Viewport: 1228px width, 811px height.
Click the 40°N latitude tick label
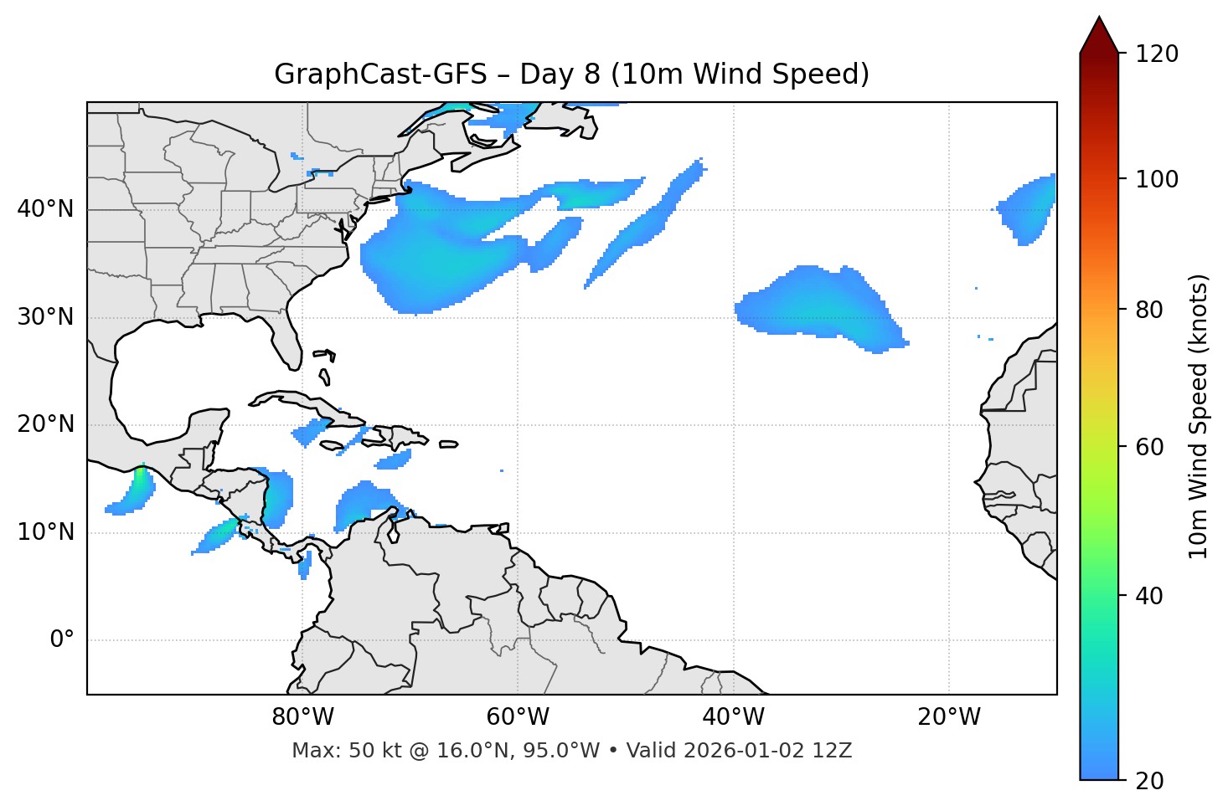click(x=45, y=209)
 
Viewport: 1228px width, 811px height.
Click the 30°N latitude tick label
click(x=45, y=317)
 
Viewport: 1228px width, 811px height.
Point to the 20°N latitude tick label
click(x=45, y=424)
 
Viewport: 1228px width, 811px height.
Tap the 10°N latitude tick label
click(x=45, y=532)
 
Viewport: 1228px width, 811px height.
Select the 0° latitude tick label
click(x=62, y=640)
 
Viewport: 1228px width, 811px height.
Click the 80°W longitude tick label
click(x=302, y=717)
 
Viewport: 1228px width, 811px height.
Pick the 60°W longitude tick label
click(x=518, y=717)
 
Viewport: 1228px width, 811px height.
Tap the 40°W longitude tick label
click(x=734, y=717)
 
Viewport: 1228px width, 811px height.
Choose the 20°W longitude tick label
click(x=949, y=717)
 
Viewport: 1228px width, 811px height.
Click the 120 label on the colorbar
click(x=1157, y=54)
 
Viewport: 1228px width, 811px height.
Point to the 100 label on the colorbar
click(x=1157, y=179)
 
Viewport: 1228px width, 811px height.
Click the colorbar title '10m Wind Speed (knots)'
click(x=1199, y=416)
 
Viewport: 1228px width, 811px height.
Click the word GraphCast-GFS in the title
click(x=380, y=74)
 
